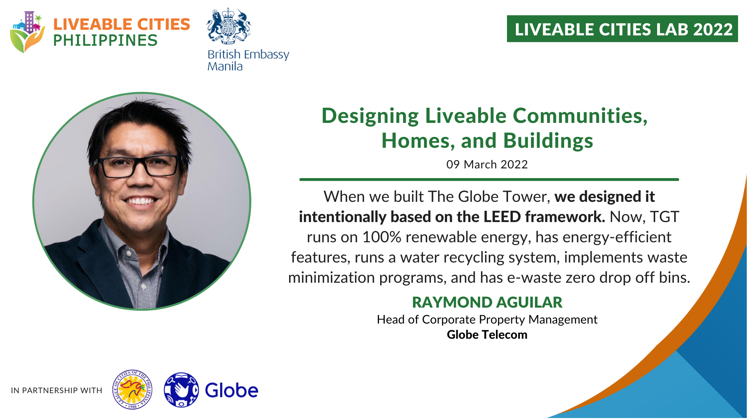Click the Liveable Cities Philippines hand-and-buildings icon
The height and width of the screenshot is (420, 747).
tap(27, 32)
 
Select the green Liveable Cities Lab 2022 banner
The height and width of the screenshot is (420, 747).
tap(622, 29)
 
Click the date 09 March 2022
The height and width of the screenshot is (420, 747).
tap(487, 164)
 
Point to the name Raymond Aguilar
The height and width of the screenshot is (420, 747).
tap(487, 302)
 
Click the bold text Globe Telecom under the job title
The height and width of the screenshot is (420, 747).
tap(487, 334)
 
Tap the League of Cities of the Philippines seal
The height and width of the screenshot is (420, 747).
tap(132, 390)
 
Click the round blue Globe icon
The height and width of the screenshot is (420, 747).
tap(181, 390)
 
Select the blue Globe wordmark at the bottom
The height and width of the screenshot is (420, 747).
tap(231, 390)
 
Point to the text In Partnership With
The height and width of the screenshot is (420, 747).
tap(56, 390)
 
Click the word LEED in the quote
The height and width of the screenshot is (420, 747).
tap(502, 217)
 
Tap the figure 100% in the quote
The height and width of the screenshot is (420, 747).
tap(382, 237)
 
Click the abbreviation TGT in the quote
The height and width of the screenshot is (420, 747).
tap(665, 217)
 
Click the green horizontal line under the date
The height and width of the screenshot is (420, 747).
tap(489, 180)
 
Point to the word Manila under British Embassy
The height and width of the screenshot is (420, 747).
tap(225, 66)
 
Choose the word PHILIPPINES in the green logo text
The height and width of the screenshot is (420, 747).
tap(105, 40)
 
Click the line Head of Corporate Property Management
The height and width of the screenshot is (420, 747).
tap(487, 320)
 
